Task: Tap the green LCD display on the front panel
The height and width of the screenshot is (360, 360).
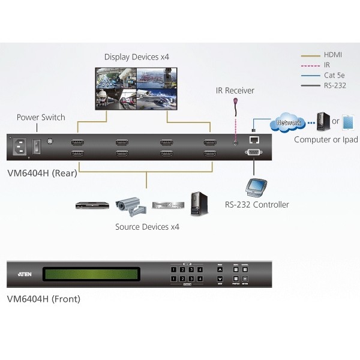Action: click(98, 275)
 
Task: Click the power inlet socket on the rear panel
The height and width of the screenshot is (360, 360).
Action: click(18, 145)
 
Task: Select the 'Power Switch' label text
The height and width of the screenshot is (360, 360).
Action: click(41, 118)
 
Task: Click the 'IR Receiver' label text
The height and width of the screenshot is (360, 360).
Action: click(235, 91)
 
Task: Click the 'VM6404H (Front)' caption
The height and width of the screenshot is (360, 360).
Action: click(43, 299)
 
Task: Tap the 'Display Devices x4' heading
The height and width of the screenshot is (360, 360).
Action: click(137, 57)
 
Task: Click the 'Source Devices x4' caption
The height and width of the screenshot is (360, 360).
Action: click(147, 227)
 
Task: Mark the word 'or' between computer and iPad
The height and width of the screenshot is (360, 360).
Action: click(336, 122)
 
